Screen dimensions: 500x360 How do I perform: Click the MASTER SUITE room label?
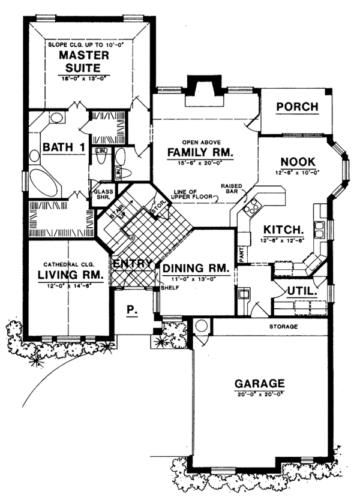tap(84, 62)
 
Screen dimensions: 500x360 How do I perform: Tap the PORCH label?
tap(297, 107)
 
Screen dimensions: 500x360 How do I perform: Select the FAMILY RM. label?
tap(200, 152)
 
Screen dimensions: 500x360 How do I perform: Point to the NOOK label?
tap(298, 162)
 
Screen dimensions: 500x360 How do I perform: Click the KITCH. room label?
tap(281, 230)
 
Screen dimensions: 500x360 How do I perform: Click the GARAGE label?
tap(260, 384)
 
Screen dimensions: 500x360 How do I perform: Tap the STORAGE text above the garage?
tap(283, 327)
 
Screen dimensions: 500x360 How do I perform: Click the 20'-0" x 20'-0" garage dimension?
tap(260, 394)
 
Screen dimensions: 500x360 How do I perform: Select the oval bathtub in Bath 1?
tap(44, 180)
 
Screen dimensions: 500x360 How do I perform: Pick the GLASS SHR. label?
tap(100, 196)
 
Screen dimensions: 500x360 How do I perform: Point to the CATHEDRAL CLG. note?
tap(66, 264)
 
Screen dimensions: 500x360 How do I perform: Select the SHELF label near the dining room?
tap(167, 288)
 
